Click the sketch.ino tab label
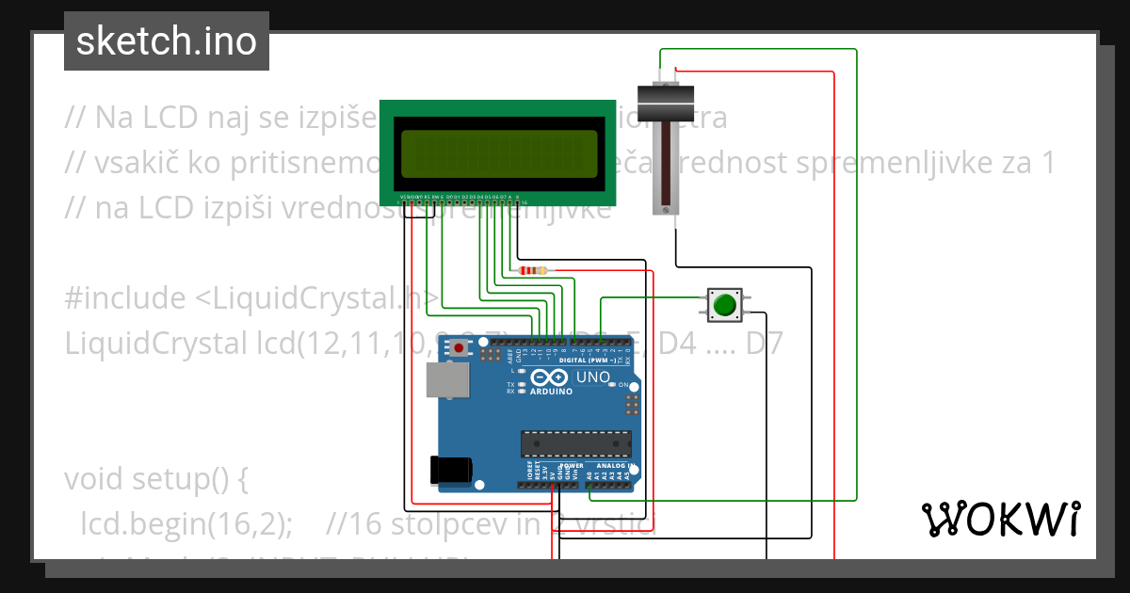166,41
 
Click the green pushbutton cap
724,305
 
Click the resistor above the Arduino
532,271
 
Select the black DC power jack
449,470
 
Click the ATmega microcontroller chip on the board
576,443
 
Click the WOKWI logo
1000,519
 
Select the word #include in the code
125,298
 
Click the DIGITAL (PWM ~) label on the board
589,361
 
